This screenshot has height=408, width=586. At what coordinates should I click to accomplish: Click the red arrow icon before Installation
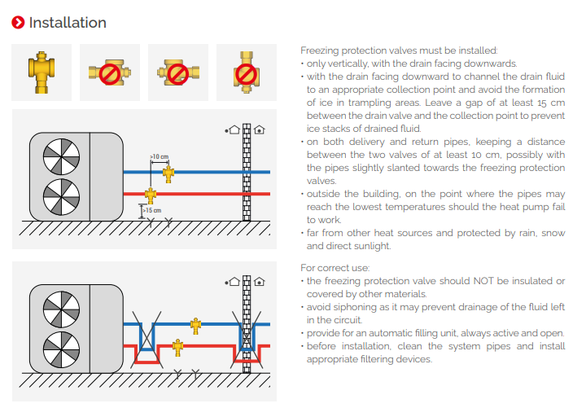(x=18, y=23)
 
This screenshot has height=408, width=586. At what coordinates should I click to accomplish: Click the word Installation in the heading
(x=68, y=23)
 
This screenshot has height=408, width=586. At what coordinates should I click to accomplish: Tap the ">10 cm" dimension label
(x=159, y=156)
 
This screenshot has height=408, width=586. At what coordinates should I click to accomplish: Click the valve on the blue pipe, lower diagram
(x=195, y=325)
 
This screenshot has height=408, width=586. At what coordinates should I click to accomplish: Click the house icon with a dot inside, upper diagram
(x=259, y=129)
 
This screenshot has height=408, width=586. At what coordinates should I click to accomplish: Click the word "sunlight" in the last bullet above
(x=372, y=246)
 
